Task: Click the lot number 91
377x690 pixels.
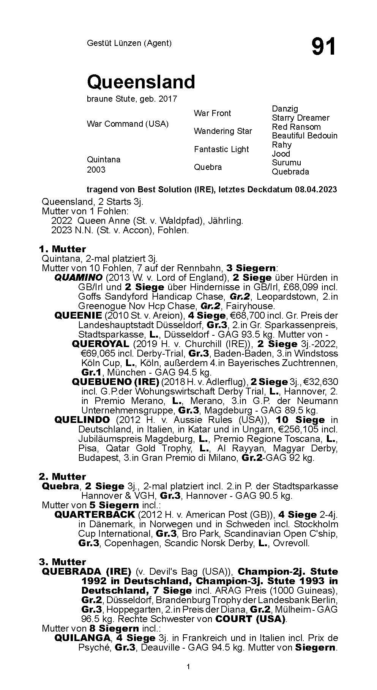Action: (x=323, y=47)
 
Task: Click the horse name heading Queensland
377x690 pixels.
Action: (x=141, y=82)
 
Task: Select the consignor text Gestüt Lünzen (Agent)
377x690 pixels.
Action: (x=129, y=43)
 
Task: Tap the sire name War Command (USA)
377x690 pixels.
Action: (x=128, y=124)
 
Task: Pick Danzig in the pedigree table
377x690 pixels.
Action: (x=285, y=109)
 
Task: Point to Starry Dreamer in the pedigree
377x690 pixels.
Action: (x=300, y=118)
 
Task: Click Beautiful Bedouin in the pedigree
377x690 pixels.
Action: (x=304, y=135)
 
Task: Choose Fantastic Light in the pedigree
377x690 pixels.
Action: (x=221, y=149)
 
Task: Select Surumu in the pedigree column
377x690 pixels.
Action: (x=286, y=162)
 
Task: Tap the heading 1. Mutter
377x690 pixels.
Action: (x=62, y=249)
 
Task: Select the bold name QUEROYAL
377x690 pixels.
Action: (x=101, y=344)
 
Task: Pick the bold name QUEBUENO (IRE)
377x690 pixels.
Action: (x=115, y=382)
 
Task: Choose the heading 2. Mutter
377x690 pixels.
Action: (x=62, y=476)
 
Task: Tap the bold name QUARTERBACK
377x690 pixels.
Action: (x=95, y=515)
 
